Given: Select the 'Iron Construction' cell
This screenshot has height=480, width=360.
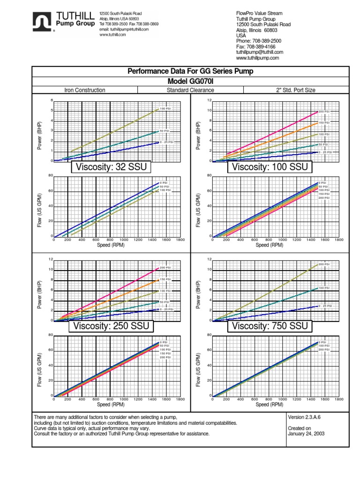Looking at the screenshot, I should pos(84,90).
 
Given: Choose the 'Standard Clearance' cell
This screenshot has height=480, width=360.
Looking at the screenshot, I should pos(190,90).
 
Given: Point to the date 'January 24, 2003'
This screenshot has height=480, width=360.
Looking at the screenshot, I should pos(306,434).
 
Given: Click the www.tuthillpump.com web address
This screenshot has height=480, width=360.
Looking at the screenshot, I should pos(257,58).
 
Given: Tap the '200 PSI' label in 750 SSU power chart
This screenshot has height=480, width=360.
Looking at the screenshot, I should pos(324,265).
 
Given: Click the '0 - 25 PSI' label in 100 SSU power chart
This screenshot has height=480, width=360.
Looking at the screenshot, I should pos(325,152).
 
